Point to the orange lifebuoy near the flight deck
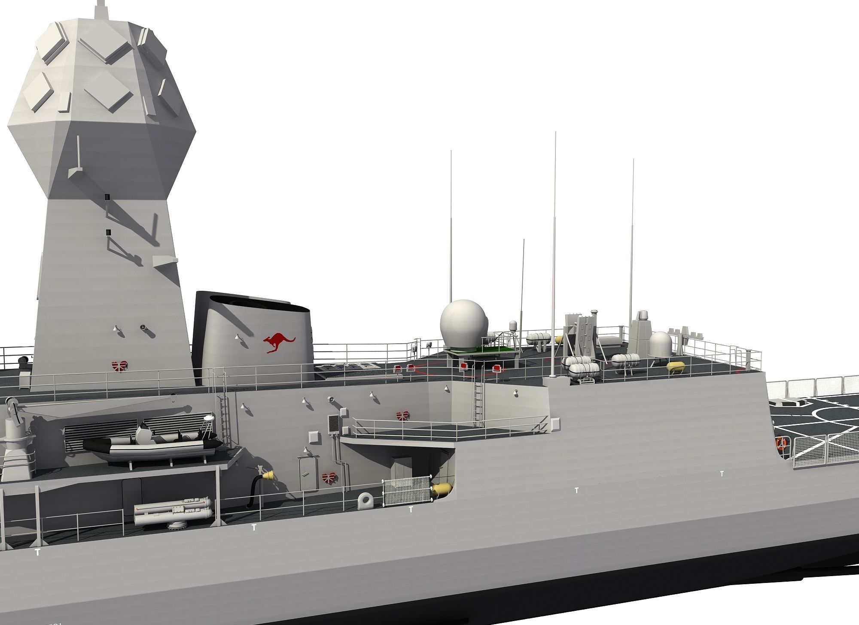[x=780, y=443]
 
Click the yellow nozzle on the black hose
[x=268, y=475]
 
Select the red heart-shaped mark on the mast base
[x=119, y=366]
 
